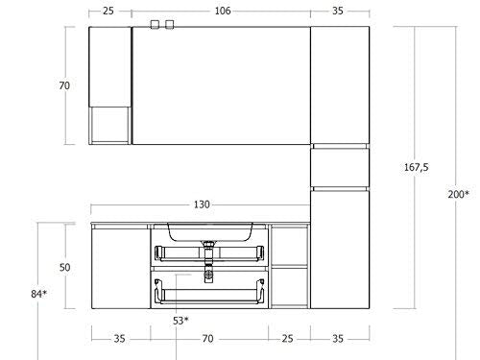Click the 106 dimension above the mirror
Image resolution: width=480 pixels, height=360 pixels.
pos(223,11)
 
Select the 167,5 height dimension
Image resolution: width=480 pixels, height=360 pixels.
pos(416,167)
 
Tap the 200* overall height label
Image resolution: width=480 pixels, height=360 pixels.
pos(458,194)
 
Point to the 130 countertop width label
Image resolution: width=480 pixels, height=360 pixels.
pos(202,204)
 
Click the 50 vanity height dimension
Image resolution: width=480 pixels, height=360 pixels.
pos(64,267)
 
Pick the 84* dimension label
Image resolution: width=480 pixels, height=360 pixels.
pos(39,294)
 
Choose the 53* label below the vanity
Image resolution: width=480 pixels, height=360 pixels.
pos(180,321)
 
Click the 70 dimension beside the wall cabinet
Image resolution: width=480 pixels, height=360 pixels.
pos(64,85)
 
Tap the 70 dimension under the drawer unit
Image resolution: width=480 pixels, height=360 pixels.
pos(207,338)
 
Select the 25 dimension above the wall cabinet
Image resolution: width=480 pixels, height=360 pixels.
pos(108,11)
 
